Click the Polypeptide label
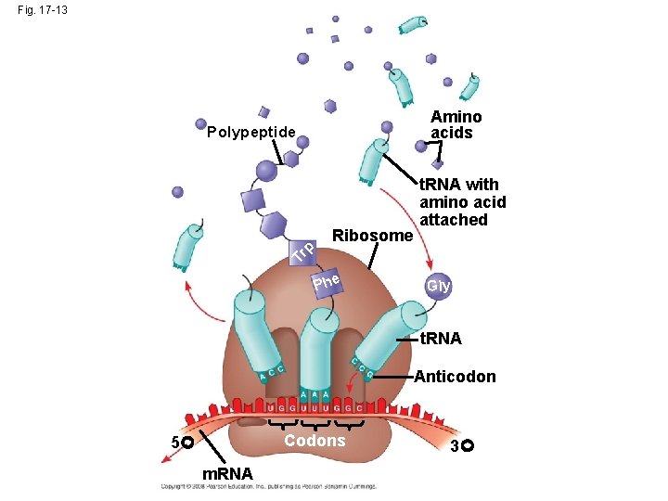[x=250, y=132]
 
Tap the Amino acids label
[x=456, y=124]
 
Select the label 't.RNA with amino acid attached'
[x=462, y=202]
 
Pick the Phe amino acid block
[x=328, y=279]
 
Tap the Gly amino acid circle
[x=438, y=286]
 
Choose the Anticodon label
[x=455, y=377]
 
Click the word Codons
[x=315, y=440]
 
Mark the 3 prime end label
[x=460, y=447]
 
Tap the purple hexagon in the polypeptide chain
[x=273, y=225]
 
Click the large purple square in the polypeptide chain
[x=253, y=201]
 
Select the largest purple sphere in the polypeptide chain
[x=266, y=171]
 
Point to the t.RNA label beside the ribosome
[x=441, y=340]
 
